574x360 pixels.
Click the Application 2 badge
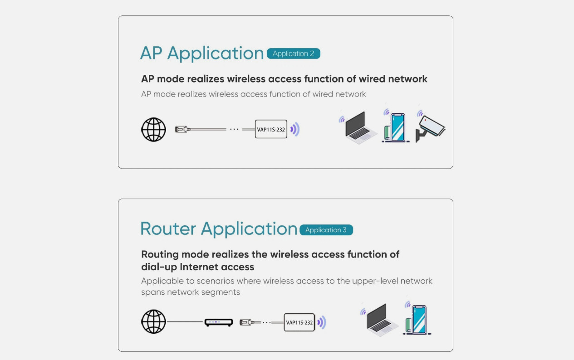click(293, 54)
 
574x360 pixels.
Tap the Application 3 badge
click(326, 230)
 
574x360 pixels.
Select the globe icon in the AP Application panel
click(153, 130)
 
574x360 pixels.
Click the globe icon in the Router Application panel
click(153, 322)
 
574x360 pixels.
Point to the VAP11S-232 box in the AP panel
click(271, 130)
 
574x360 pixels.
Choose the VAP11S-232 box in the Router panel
click(299, 322)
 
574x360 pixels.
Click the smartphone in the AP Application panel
click(395, 127)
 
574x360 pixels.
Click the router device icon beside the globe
click(218, 322)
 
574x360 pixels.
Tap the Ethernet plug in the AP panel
click(181, 129)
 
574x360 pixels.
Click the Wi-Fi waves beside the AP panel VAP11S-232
click(295, 130)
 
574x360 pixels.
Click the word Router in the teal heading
click(168, 229)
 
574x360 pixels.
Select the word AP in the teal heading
click(151, 54)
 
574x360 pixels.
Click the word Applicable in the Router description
click(162, 281)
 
